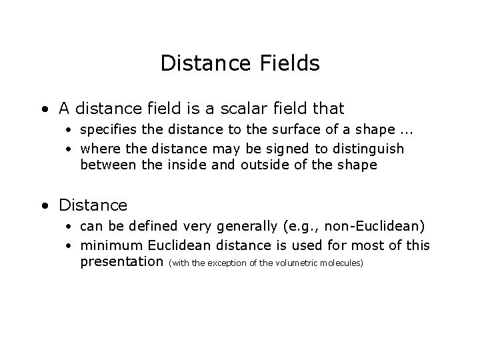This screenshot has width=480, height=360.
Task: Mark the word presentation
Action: coord(122,262)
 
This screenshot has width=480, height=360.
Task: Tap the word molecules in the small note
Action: coord(342,263)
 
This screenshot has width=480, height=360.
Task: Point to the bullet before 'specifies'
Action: coord(69,129)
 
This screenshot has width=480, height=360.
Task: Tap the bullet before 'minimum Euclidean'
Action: coord(69,246)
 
